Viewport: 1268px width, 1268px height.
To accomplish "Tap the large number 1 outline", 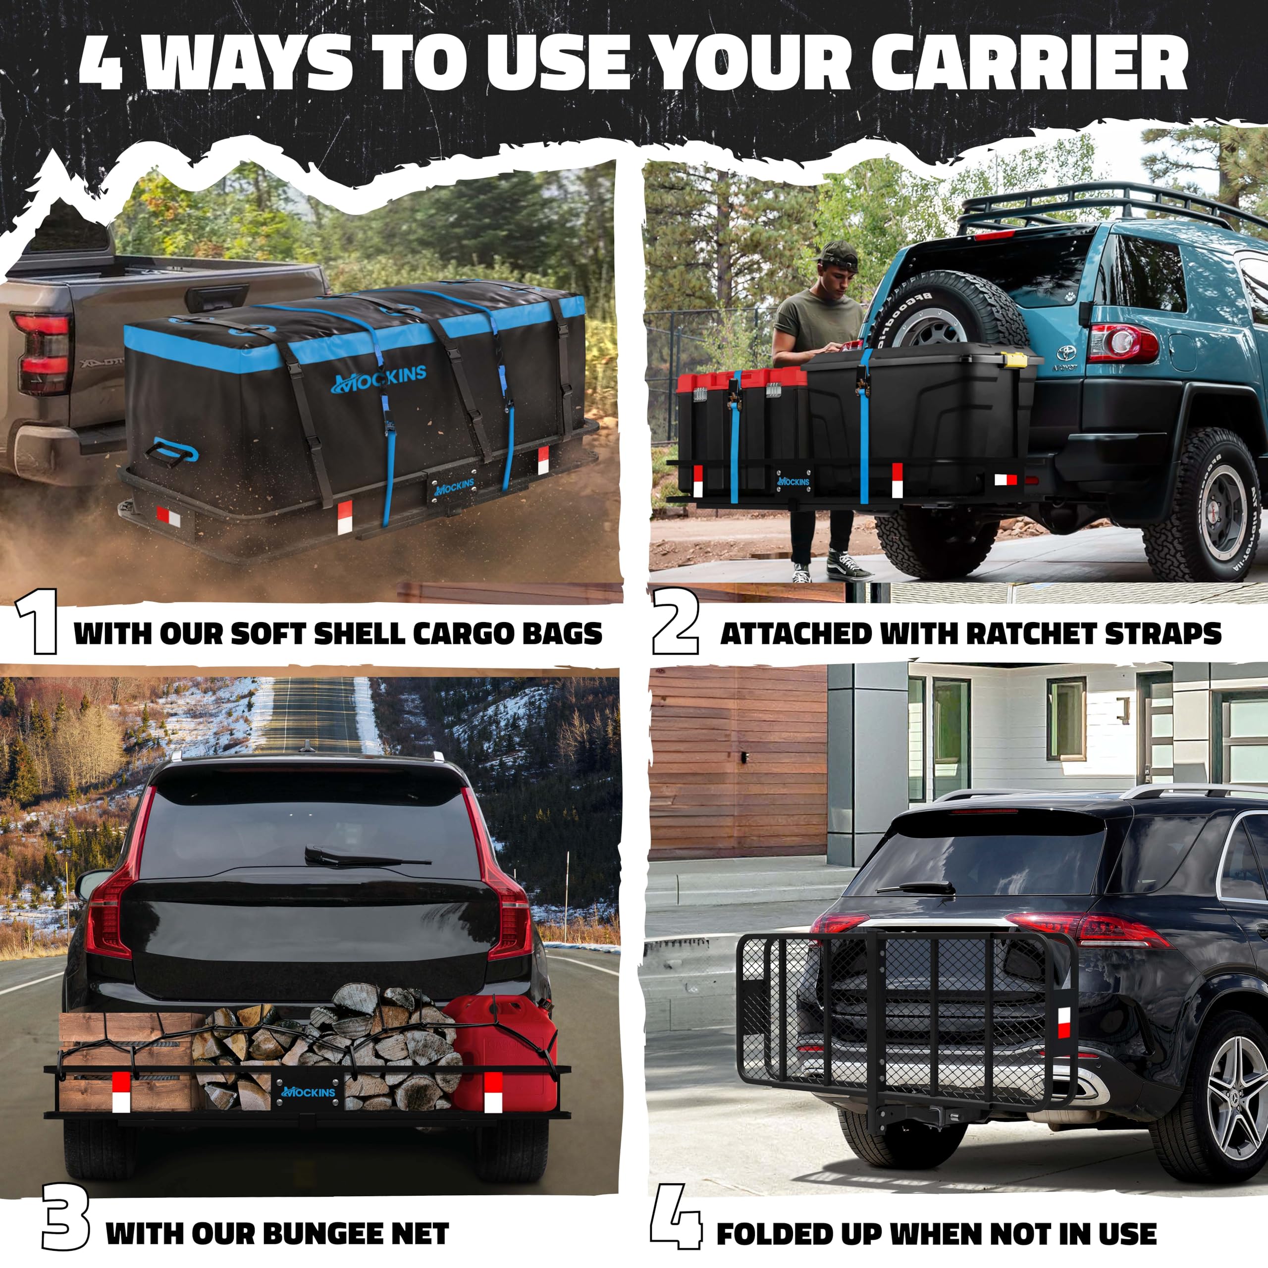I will (x=38, y=622).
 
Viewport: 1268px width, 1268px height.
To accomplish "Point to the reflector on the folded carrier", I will (x=1063, y=1023).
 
